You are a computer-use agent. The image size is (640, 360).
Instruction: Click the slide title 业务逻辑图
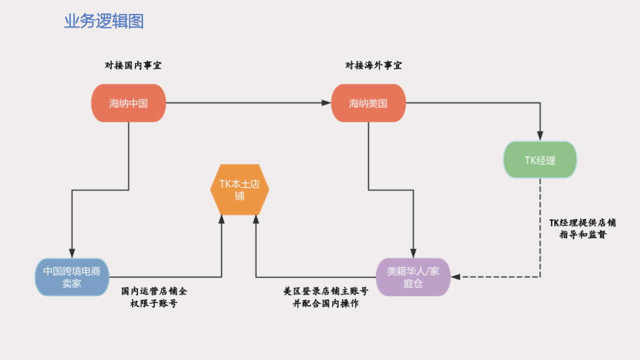coord(104,21)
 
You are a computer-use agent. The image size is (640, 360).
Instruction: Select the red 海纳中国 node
coord(128,103)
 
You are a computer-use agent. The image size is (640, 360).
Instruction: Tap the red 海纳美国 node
coord(368,103)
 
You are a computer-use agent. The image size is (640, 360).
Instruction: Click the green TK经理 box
coord(540,160)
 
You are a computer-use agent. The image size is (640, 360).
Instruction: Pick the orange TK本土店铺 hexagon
coord(240,189)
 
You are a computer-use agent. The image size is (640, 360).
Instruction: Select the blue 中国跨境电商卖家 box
coord(72,277)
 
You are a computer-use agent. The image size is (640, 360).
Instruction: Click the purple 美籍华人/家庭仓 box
coord(413,277)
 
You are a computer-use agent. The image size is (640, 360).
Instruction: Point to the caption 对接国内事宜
coord(133,65)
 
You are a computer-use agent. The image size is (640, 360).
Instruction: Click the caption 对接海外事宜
coord(373,65)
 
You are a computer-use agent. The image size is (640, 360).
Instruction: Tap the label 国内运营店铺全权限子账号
coord(154,297)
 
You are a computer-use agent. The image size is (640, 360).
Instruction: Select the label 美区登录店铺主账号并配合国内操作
coord(325,297)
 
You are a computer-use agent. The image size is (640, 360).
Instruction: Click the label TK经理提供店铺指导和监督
coord(582,228)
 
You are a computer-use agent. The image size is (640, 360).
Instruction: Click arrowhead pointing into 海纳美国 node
coord(326,103)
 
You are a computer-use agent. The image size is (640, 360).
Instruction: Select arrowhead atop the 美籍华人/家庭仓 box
coord(413,253)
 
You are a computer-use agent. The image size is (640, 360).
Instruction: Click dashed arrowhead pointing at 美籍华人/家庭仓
coord(455,277)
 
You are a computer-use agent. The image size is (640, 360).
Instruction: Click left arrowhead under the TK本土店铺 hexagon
coord(221,219)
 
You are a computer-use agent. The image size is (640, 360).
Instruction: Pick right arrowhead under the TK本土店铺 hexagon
coord(256,219)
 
